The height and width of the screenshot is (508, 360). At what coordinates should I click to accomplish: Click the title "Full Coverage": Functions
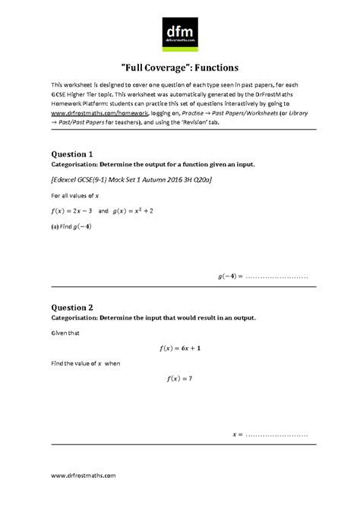180,68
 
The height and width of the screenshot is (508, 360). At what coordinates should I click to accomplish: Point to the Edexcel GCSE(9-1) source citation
131,181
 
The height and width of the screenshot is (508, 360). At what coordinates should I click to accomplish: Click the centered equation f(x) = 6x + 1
179,348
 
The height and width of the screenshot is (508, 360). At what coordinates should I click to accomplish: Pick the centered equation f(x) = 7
179,377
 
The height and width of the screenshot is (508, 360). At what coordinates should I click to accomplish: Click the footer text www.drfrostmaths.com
84,475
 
